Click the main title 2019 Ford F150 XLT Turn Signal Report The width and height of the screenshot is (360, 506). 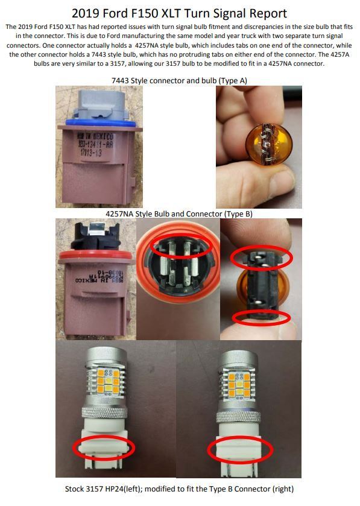click(x=179, y=13)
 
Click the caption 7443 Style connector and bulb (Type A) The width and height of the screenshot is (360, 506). click(x=179, y=80)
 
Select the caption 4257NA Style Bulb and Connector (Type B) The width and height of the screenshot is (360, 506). click(x=179, y=213)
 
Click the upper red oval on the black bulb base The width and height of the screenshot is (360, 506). click(x=261, y=258)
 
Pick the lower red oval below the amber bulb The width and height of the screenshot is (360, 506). click(x=261, y=319)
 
